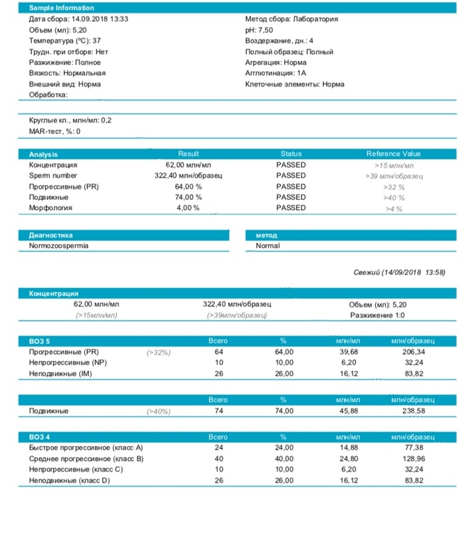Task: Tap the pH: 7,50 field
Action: point(259,30)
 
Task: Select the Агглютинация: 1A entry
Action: point(275,73)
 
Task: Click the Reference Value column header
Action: point(393,154)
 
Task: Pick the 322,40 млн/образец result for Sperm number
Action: point(189,175)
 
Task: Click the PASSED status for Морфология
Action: point(291,208)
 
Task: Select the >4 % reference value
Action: point(394,208)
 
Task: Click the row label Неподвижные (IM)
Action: point(60,373)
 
